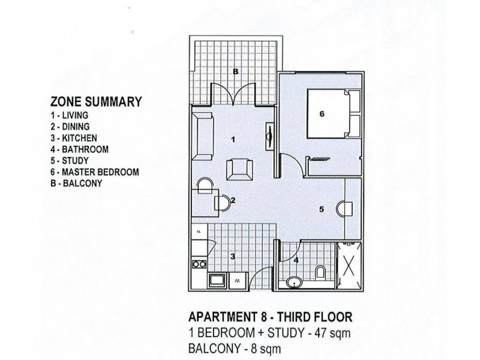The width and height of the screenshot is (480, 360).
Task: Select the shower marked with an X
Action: pos(349,265)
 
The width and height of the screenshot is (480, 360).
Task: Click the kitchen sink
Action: pos(215,280)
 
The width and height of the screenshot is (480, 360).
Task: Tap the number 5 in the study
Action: pos(322,209)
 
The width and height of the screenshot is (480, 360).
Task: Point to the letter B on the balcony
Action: pos(236,71)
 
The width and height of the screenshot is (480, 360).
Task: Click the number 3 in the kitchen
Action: pos(233,256)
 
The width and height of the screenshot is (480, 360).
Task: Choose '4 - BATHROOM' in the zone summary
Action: pos(80,149)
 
